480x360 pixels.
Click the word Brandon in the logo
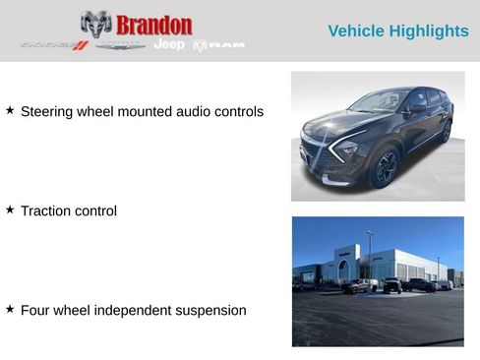pyautogui.click(x=153, y=25)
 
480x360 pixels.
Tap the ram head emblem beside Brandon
pyautogui.click(x=95, y=25)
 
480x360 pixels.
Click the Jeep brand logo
pyautogui.click(x=168, y=45)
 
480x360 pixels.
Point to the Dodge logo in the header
pyautogui.click(x=54, y=45)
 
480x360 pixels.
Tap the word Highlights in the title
pyautogui.click(x=431, y=31)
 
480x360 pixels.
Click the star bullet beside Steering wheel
pyautogui.click(x=10, y=111)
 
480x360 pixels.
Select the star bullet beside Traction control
pyautogui.click(x=10, y=210)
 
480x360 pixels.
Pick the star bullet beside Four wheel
pyautogui.click(x=10, y=310)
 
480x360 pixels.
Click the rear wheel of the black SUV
pyautogui.click(x=446, y=131)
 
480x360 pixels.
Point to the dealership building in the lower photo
pyautogui.click(x=379, y=263)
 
